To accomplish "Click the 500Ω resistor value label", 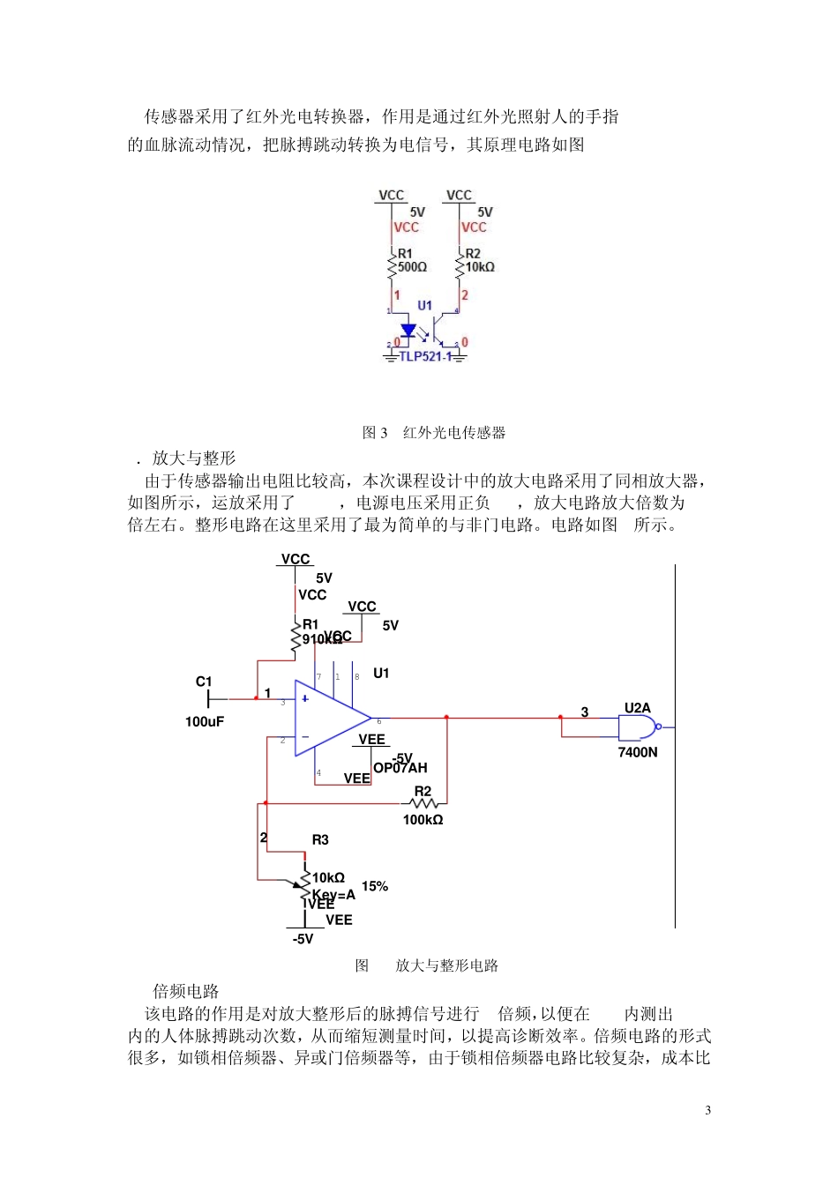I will point(412,267).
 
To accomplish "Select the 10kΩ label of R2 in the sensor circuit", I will point(480,267).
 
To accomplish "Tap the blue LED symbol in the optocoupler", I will point(408,331).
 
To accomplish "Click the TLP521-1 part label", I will point(425,356).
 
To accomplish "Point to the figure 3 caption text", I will point(434,432).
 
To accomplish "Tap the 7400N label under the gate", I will point(637,752).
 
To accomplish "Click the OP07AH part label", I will point(400,768).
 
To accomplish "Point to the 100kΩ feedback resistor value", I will point(423,820).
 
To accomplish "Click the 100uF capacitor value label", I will point(205,721).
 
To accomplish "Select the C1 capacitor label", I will point(204,682).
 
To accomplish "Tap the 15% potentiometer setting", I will point(375,886).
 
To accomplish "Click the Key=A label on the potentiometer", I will point(333,894).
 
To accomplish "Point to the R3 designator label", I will point(320,840).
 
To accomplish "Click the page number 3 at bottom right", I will point(707,1110).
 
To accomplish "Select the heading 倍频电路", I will point(185,991).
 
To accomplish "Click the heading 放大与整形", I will point(194,458).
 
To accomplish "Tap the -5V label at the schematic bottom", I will point(303,940).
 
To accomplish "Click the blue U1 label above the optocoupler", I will point(424,305).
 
